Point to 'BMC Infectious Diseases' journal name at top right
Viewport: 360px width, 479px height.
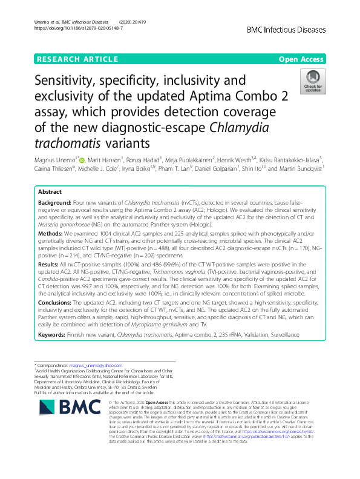tap(287, 28)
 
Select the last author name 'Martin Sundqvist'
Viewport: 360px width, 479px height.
tap(296, 167)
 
